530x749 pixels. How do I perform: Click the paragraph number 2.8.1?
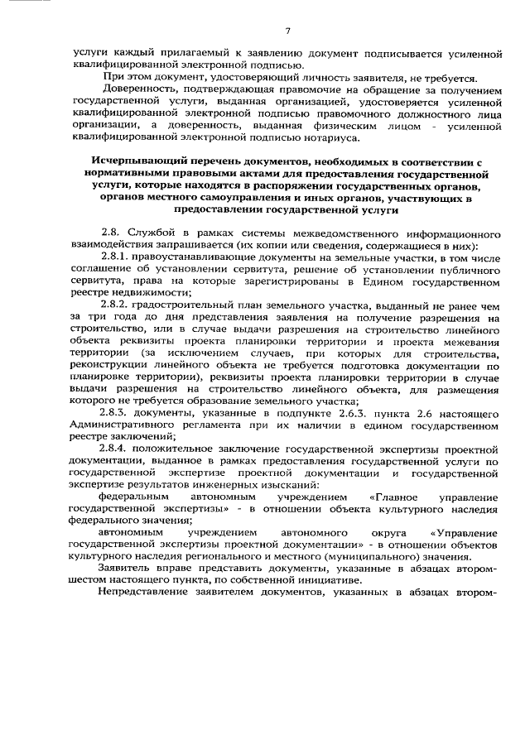113,260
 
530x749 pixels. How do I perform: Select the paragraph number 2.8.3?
113,412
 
